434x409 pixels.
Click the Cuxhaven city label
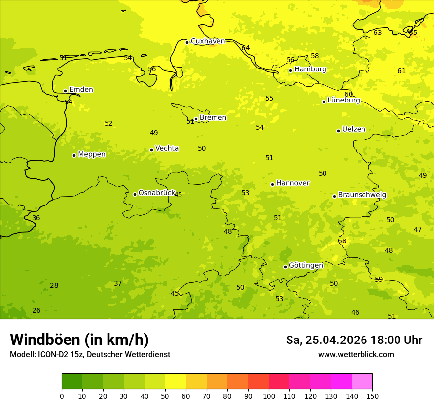coord(208,41)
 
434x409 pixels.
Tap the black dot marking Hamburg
coord(290,70)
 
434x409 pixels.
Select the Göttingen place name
coord(306,266)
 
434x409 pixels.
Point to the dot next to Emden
coord(65,91)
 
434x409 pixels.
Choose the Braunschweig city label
coord(362,195)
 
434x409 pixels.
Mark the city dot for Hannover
coord(272,184)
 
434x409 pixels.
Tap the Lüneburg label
coord(344,101)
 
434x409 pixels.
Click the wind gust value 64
coord(245,48)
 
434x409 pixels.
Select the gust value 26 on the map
coord(36,311)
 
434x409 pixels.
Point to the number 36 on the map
coord(36,218)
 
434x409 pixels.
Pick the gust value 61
coord(401,71)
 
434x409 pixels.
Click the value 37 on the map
coord(118,284)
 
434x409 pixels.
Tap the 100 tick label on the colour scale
coord(269,396)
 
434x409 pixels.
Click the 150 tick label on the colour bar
coord(372,396)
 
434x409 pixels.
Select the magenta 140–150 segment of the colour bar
coord(362,381)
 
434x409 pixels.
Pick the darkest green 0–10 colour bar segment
coord(72,381)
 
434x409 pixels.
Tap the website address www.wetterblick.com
coord(356,355)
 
